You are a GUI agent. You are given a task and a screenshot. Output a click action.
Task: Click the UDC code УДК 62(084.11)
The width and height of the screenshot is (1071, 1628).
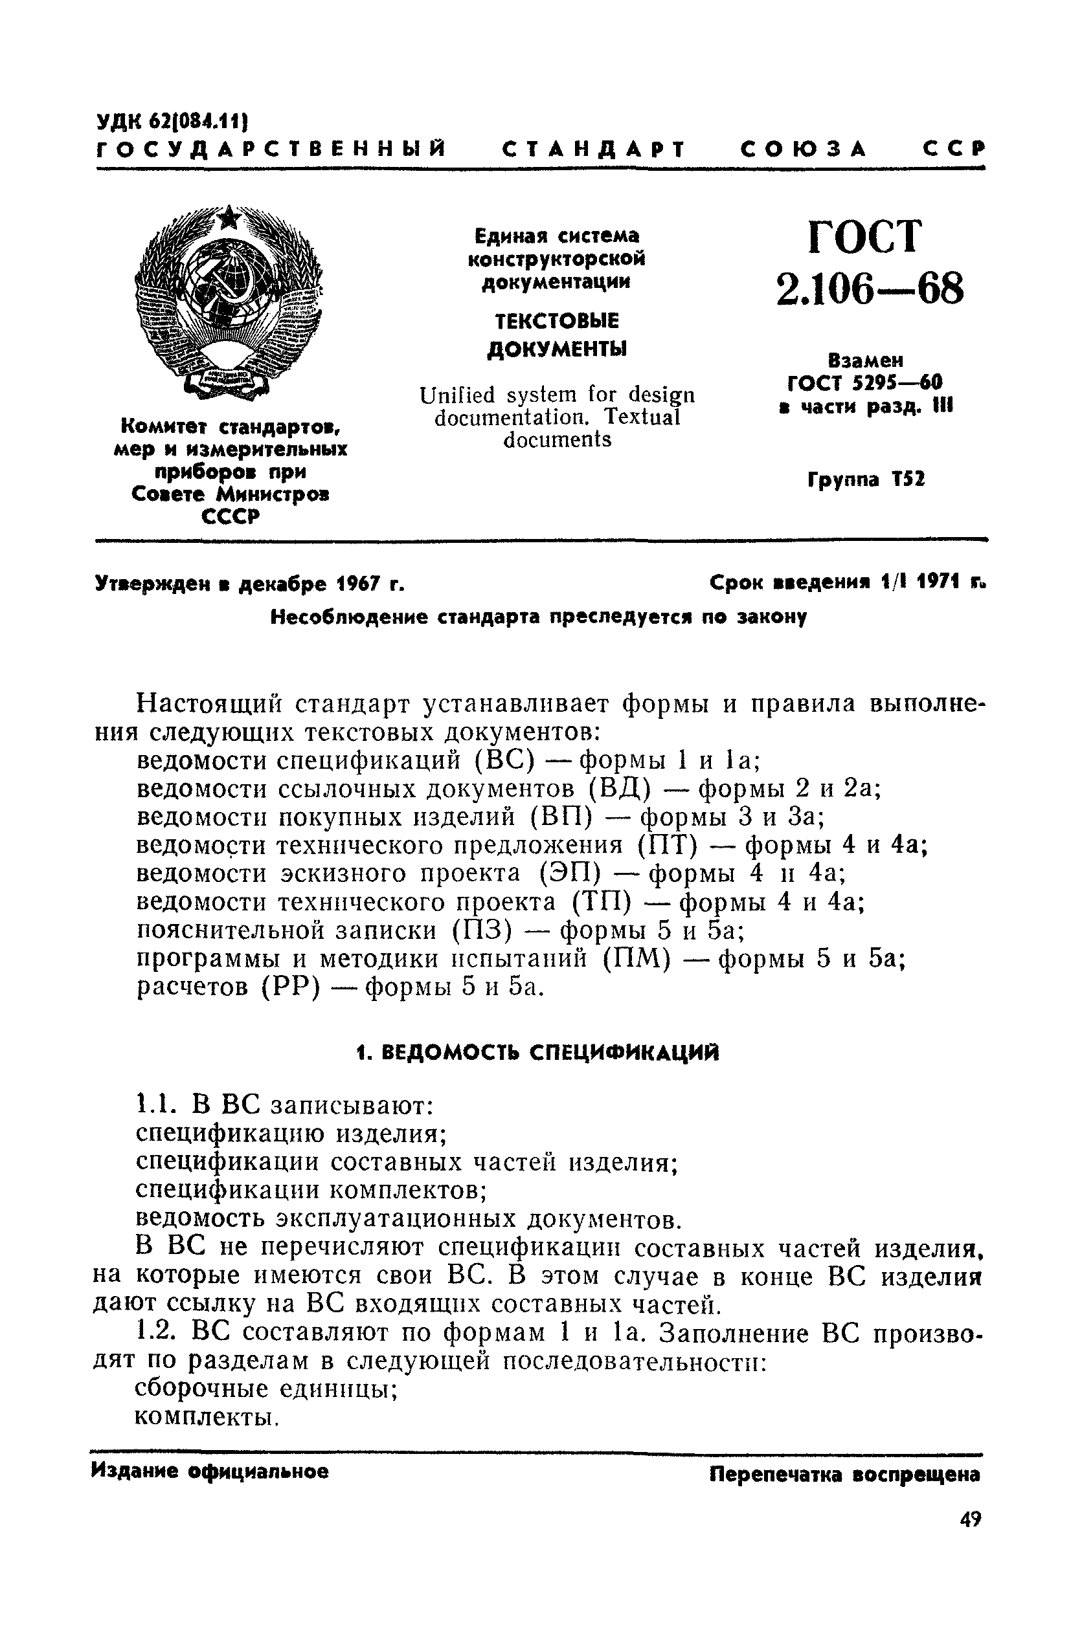[x=171, y=122]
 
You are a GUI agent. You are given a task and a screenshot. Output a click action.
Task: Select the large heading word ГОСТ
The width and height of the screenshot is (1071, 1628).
[x=866, y=237]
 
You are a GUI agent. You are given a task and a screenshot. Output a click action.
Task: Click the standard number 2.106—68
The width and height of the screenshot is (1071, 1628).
[x=869, y=288]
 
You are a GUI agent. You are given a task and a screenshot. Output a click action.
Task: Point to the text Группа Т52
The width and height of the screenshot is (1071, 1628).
[x=866, y=479]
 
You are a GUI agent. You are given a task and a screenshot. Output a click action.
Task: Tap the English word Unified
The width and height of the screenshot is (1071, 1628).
[x=458, y=395]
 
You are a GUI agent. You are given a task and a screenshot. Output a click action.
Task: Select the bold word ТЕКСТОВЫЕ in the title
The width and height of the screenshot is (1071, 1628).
[x=556, y=320]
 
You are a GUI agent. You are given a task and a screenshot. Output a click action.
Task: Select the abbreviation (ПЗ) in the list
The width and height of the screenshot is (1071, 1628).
[x=482, y=931]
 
